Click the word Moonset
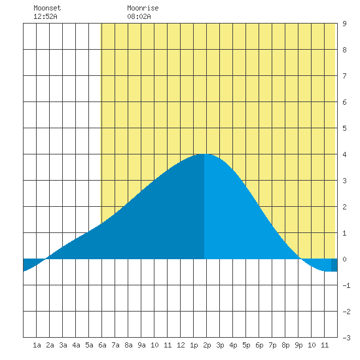[x=47, y=8]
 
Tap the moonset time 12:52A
[x=45, y=16]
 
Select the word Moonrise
[x=143, y=8]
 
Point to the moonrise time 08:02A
[x=139, y=16]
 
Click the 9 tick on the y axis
[x=344, y=24]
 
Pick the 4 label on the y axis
[x=344, y=154]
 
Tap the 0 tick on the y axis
[x=344, y=259]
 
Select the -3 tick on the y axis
[x=346, y=338]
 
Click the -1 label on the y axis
[x=346, y=285]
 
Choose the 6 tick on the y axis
[x=344, y=102]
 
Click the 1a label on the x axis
[x=37, y=345]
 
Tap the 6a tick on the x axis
[x=102, y=345]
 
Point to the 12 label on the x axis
[x=181, y=345]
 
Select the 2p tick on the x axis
[x=207, y=345]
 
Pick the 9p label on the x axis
[x=298, y=345]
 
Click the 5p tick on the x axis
[x=246, y=345]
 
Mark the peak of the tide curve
[x=204, y=154]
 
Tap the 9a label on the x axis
[x=141, y=345]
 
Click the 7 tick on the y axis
[x=344, y=76]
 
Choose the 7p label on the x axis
[x=272, y=345]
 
